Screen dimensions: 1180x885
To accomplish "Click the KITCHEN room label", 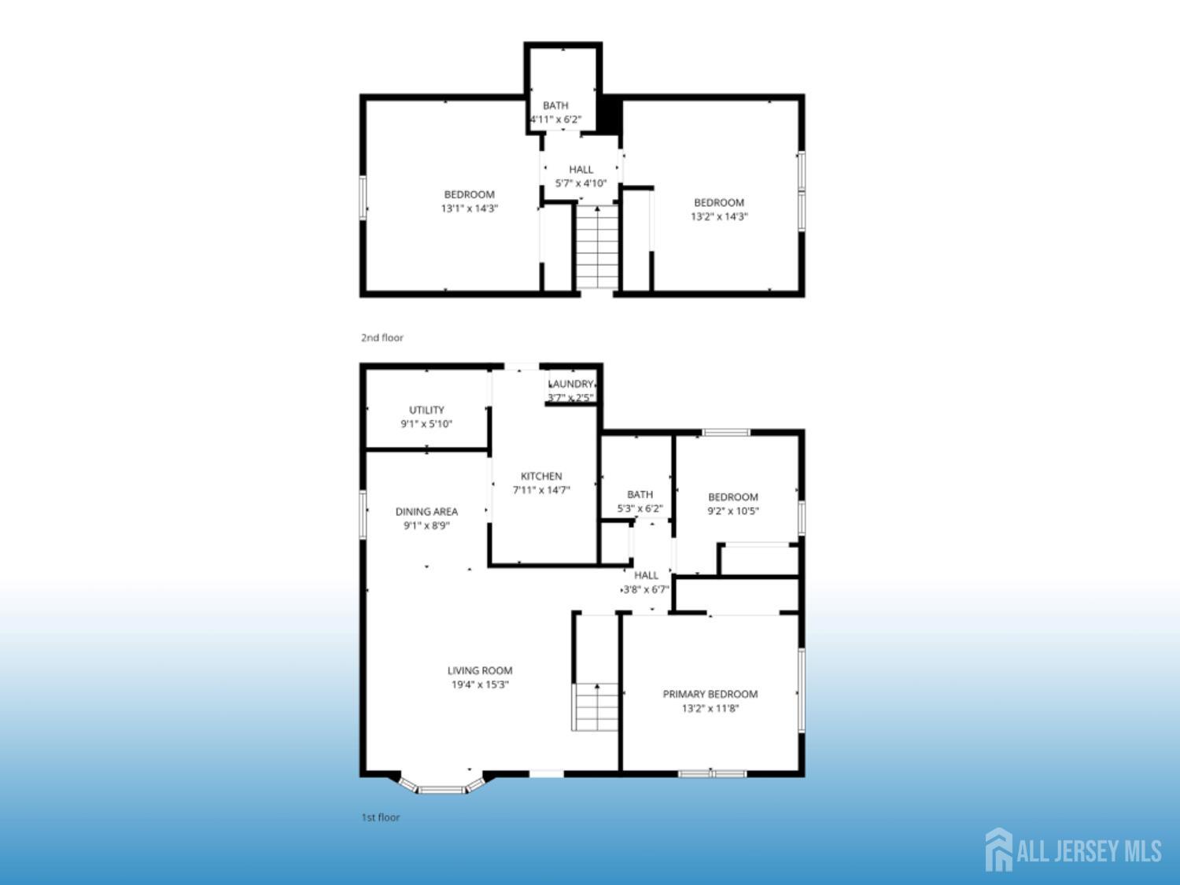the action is point(540,476).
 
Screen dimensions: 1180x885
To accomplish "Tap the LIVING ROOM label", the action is point(480,670).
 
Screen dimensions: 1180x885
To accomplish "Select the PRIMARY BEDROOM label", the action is point(710,695).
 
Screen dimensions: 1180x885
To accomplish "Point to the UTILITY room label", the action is point(426,410).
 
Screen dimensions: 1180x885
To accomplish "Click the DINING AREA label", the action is point(426,511).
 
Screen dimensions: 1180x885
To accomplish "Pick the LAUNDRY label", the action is point(571,384).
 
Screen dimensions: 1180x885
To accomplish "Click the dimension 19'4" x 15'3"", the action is point(480,684).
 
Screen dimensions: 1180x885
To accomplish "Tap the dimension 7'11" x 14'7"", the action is point(540,490).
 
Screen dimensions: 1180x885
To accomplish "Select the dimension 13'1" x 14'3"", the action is point(470,208).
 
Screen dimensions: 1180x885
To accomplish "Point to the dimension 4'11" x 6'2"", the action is point(555,120).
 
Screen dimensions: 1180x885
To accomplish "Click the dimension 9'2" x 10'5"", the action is point(732,511).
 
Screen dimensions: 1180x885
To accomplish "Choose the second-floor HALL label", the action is point(581,169).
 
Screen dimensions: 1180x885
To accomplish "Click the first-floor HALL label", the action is point(646,576).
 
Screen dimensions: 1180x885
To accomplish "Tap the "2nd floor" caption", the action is point(382,337).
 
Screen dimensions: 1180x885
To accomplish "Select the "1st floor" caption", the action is point(380,817).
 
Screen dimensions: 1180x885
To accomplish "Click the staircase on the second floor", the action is point(597,247).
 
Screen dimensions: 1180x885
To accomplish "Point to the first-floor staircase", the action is point(595,707).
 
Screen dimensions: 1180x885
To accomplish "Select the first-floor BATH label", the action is point(640,494).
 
